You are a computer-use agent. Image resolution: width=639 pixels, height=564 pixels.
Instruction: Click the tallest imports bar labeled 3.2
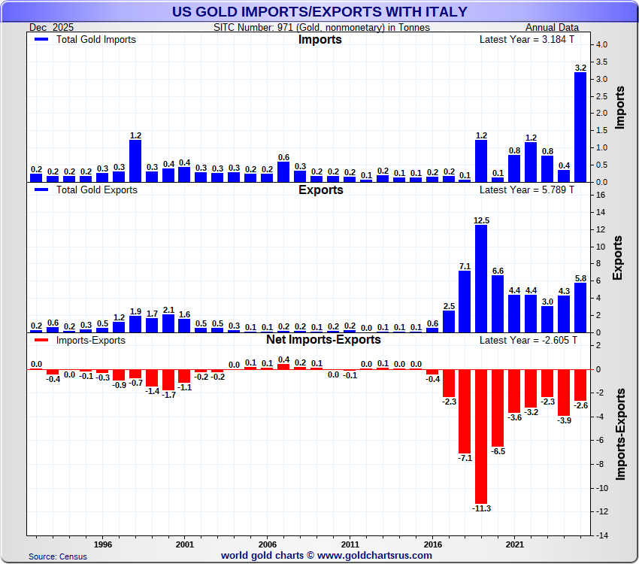tap(580, 127)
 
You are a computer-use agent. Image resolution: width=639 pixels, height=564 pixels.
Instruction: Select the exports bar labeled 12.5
tap(481, 279)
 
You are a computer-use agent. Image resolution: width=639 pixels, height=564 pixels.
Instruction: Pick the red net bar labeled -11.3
tap(481, 436)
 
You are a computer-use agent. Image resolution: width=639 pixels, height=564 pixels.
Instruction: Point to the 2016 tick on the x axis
tap(432, 543)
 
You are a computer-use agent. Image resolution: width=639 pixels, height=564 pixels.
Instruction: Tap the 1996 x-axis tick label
tap(103, 543)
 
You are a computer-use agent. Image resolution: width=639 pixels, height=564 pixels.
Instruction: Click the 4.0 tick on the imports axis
tap(602, 45)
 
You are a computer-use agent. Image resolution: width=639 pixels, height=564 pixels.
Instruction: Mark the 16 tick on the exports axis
tap(599, 196)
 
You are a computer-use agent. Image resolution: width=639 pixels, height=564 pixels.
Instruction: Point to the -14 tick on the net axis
tap(601, 535)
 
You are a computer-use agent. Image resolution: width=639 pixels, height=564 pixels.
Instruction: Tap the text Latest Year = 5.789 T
tap(526, 190)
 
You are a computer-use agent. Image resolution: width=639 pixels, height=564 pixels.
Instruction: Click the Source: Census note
tap(58, 556)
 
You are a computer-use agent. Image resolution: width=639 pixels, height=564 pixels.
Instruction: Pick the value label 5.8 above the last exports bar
tap(580, 277)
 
